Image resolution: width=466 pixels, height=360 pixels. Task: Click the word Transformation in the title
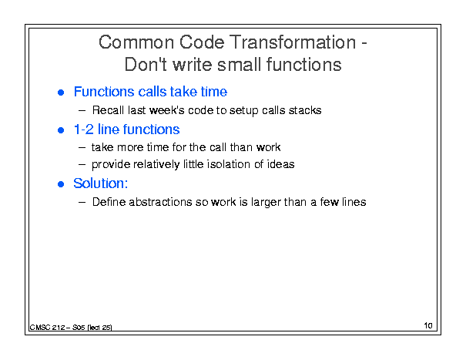click(293, 42)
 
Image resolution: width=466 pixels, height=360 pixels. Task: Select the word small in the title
click(240, 64)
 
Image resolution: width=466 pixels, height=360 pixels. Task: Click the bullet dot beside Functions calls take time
click(61, 93)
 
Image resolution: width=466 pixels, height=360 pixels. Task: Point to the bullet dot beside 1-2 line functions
click(61, 130)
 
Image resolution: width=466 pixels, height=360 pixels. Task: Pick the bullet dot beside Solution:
click(61, 184)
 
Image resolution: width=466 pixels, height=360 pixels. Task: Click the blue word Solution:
click(101, 183)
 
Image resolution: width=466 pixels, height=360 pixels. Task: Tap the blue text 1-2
click(83, 130)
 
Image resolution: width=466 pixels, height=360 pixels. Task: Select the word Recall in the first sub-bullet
click(108, 110)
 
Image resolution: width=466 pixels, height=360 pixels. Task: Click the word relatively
click(156, 164)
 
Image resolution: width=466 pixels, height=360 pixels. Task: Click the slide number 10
click(428, 325)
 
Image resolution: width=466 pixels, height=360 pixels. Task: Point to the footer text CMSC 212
click(47, 328)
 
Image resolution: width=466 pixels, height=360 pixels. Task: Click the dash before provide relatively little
click(82, 164)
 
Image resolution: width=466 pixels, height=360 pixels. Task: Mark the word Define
click(109, 202)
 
